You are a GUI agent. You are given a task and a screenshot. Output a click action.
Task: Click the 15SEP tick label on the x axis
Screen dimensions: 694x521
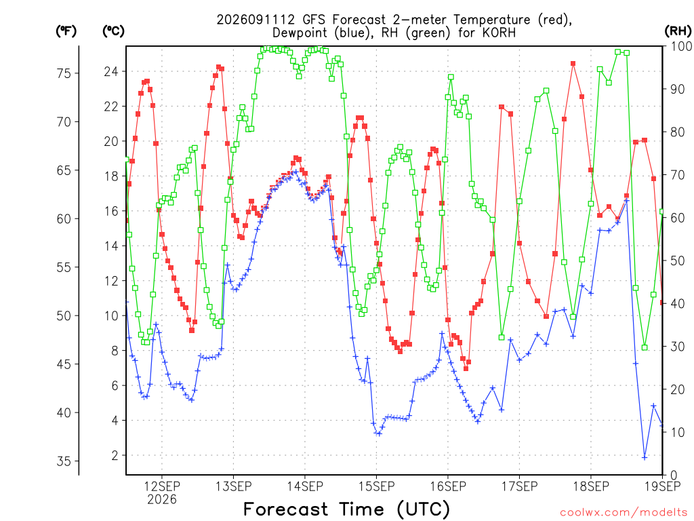tap(376, 486)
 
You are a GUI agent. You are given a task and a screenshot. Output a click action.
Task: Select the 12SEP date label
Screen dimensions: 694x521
tap(162, 486)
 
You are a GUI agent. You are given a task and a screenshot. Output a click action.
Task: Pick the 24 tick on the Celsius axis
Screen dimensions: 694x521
tap(111, 71)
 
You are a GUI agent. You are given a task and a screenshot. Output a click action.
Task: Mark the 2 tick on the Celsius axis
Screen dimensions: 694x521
tap(115, 455)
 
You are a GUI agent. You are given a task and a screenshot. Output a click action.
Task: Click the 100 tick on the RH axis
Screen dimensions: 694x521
tap(682, 46)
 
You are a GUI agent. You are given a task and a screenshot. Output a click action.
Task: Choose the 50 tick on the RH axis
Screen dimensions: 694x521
tap(678, 260)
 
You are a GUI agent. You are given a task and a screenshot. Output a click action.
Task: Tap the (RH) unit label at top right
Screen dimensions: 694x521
tap(678, 31)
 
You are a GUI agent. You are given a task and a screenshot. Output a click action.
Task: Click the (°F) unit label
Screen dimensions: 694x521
tap(66, 31)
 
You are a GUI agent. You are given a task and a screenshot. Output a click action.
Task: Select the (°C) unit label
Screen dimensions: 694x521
tap(113, 31)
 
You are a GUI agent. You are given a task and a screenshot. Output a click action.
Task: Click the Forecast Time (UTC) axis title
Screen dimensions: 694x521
tap(346, 509)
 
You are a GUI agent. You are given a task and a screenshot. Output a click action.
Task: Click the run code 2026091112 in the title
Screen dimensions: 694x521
tap(256, 20)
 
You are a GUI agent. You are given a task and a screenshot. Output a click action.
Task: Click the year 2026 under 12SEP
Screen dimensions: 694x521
tap(162, 499)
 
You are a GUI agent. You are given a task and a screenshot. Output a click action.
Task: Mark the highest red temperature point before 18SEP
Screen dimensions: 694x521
tap(573, 64)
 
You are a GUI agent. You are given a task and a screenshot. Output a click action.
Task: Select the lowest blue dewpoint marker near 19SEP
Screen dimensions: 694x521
tap(645, 458)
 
